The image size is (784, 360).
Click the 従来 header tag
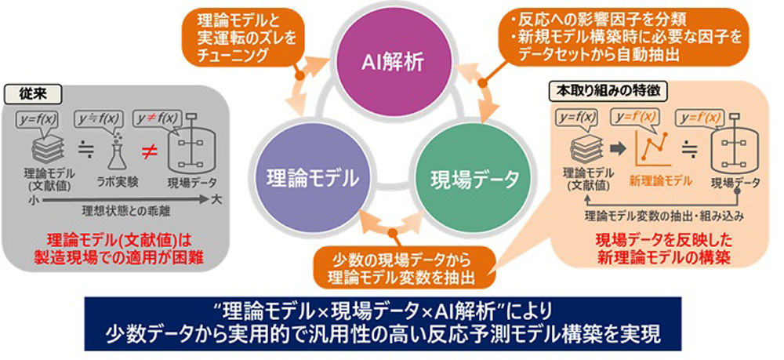(32, 93)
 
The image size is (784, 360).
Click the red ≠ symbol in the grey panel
(146, 155)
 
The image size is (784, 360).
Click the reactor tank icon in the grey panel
(188, 148)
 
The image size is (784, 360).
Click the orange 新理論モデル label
(661, 180)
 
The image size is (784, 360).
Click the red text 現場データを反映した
(664, 241)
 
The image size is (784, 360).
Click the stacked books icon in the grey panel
(48, 149)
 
